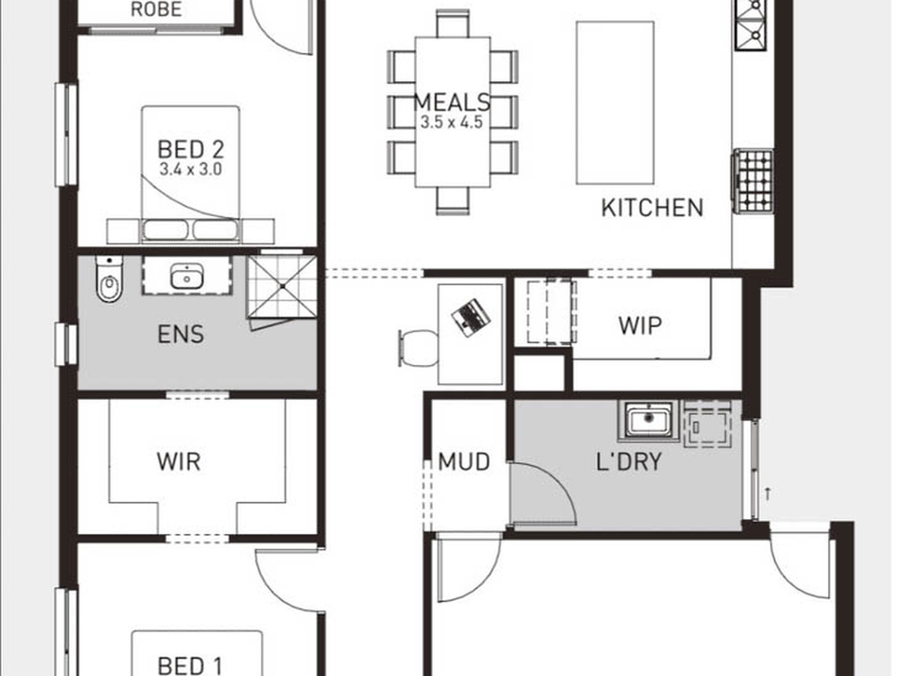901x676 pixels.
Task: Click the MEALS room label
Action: tap(452, 102)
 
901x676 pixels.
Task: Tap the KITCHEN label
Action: tap(652, 208)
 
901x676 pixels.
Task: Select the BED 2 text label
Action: tap(191, 149)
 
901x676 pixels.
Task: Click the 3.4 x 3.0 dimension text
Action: tap(191, 169)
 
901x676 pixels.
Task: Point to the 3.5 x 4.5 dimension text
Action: tap(451, 122)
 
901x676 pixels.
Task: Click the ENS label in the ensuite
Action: tap(181, 334)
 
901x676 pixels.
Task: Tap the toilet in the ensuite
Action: tap(109, 278)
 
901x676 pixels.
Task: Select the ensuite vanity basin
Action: tap(187, 276)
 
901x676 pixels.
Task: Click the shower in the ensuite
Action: tap(282, 287)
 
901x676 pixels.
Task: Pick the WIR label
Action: tap(179, 462)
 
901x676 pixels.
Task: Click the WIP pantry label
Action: tap(640, 325)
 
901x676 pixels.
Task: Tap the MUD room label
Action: tap(464, 462)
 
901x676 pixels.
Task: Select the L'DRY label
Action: tap(628, 462)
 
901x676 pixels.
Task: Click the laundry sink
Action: tap(648, 419)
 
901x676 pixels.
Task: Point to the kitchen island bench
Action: tap(615, 102)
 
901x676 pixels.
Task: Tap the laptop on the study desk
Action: tap(470, 317)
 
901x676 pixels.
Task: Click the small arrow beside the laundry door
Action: tap(768, 493)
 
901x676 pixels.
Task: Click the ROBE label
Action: tap(156, 9)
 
